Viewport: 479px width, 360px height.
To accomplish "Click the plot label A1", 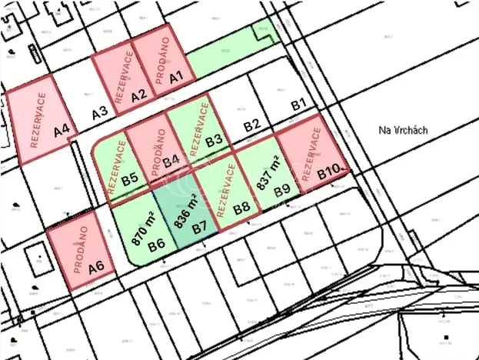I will click(175, 77).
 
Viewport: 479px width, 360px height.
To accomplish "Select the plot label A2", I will click(139, 96).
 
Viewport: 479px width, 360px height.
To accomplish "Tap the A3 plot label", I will click(99, 113).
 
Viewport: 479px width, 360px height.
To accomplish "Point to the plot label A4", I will click(62, 132).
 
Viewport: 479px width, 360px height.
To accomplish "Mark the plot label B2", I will click(252, 125).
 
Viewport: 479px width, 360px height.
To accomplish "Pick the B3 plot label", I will click(214, 140).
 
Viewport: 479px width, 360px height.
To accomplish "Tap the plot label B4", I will click(171, 160).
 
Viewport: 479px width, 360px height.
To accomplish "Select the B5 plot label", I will click(130, 179).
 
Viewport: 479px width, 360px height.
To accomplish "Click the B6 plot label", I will click(157, 245).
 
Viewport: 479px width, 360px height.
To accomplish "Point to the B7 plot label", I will click(200, 228).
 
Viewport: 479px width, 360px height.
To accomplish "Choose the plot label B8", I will click(241, 208).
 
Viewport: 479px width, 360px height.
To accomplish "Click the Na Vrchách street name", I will click(404, 131).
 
